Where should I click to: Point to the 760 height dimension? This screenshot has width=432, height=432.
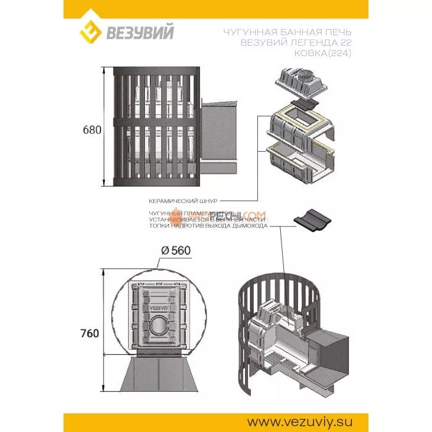[x=89, y=333]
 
